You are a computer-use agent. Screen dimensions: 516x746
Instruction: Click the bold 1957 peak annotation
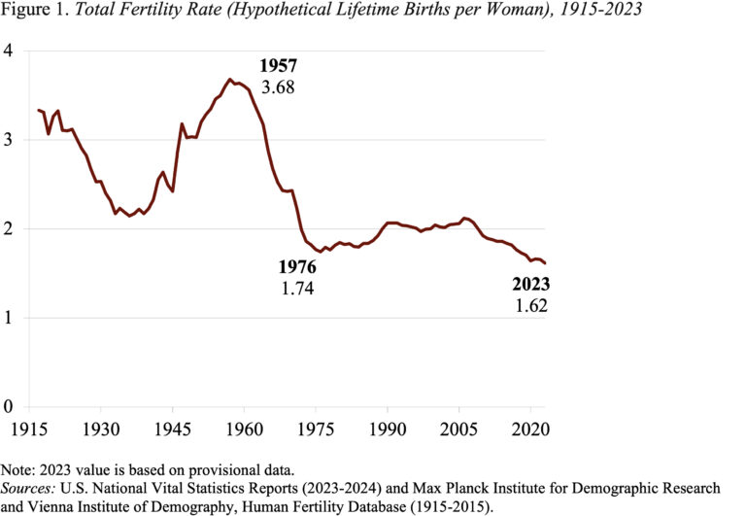pos(278,66)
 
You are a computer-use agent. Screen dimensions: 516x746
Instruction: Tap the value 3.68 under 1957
pos(278,86)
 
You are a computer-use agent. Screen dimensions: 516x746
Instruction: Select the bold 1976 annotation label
pos(297,266)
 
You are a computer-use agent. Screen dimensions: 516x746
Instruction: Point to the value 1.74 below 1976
pos(297,288)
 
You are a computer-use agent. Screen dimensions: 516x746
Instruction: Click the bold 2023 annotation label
pos(531,285)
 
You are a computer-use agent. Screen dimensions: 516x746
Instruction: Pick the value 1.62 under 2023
pos(531,305)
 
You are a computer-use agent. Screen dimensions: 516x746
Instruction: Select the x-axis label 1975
pos(316,429)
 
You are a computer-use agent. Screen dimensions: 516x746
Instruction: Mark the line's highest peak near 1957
pos(230,80)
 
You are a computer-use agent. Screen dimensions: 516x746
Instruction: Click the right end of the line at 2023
pos(545,263)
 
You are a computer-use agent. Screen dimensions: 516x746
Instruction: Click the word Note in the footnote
pos(16,469)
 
